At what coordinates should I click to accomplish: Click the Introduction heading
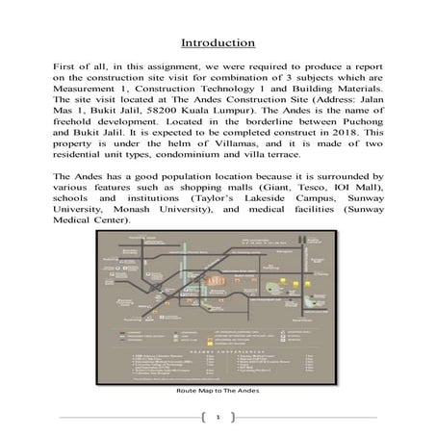(218, 42)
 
